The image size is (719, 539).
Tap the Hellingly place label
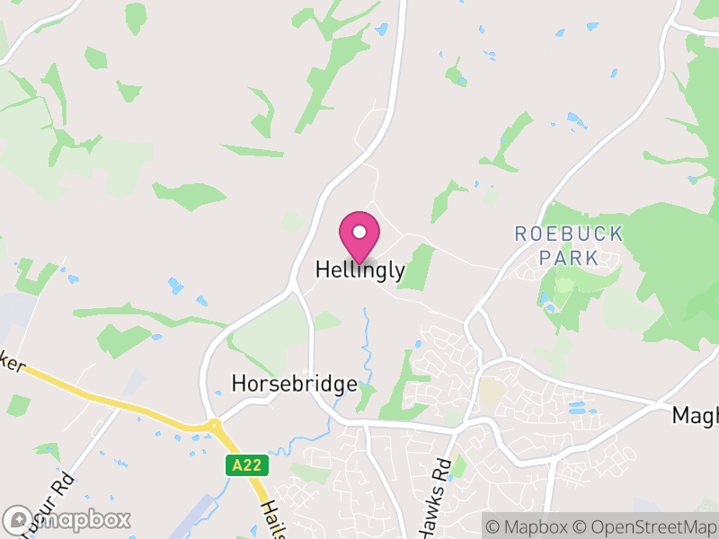click(x=359, y=270)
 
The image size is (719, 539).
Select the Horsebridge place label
click(x=294, y=384)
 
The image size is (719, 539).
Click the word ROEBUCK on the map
click(x=568, y=234)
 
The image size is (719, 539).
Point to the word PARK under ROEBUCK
click(x=568, y=258)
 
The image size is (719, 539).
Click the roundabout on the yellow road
click(x=213, y=427)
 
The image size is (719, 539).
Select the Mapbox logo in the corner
click(x=67, y=519)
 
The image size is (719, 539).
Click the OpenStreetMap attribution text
click(x=646, y=526)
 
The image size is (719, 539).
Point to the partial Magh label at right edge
click(x=697, y=416)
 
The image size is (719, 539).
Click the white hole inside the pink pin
click(x=359, y=232)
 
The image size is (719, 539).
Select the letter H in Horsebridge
click(x=238, y=384)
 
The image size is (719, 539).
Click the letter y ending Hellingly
click(x=400, y=272)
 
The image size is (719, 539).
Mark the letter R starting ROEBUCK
click(x=520, y=234)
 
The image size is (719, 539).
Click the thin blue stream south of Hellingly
click(x=367, y=346)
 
